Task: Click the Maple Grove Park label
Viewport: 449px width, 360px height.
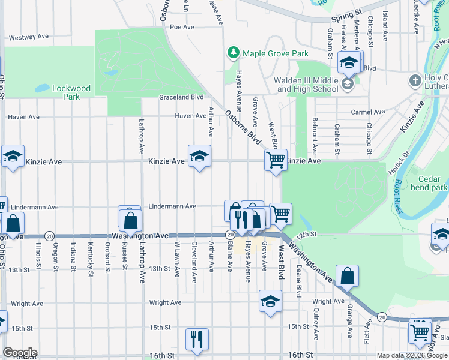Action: click(x=276, y=53)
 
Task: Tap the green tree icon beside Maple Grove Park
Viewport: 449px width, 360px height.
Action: click(x=233, y=53)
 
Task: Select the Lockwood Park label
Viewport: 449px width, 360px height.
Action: click(x=71, y=92)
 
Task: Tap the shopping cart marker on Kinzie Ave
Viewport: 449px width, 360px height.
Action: click(x=276, y=160)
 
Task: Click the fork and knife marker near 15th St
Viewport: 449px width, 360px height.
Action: click(x=197, y=339)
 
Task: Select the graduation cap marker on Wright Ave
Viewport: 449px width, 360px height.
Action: click(x=271, y=301)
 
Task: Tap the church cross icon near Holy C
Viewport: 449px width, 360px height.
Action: click(x=415, y=80)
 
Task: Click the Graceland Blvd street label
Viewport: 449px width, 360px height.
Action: click(x=181, y=97)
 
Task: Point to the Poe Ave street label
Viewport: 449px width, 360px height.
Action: click(x=182, y=27)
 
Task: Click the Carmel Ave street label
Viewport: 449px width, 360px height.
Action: click(x=368, y=112)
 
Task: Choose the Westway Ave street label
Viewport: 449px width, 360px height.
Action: click(x=28, y=37)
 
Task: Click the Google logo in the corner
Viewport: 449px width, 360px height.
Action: click(x=20, y=352)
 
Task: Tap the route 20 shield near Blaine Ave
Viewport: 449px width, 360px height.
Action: click(x=230, y=235)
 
